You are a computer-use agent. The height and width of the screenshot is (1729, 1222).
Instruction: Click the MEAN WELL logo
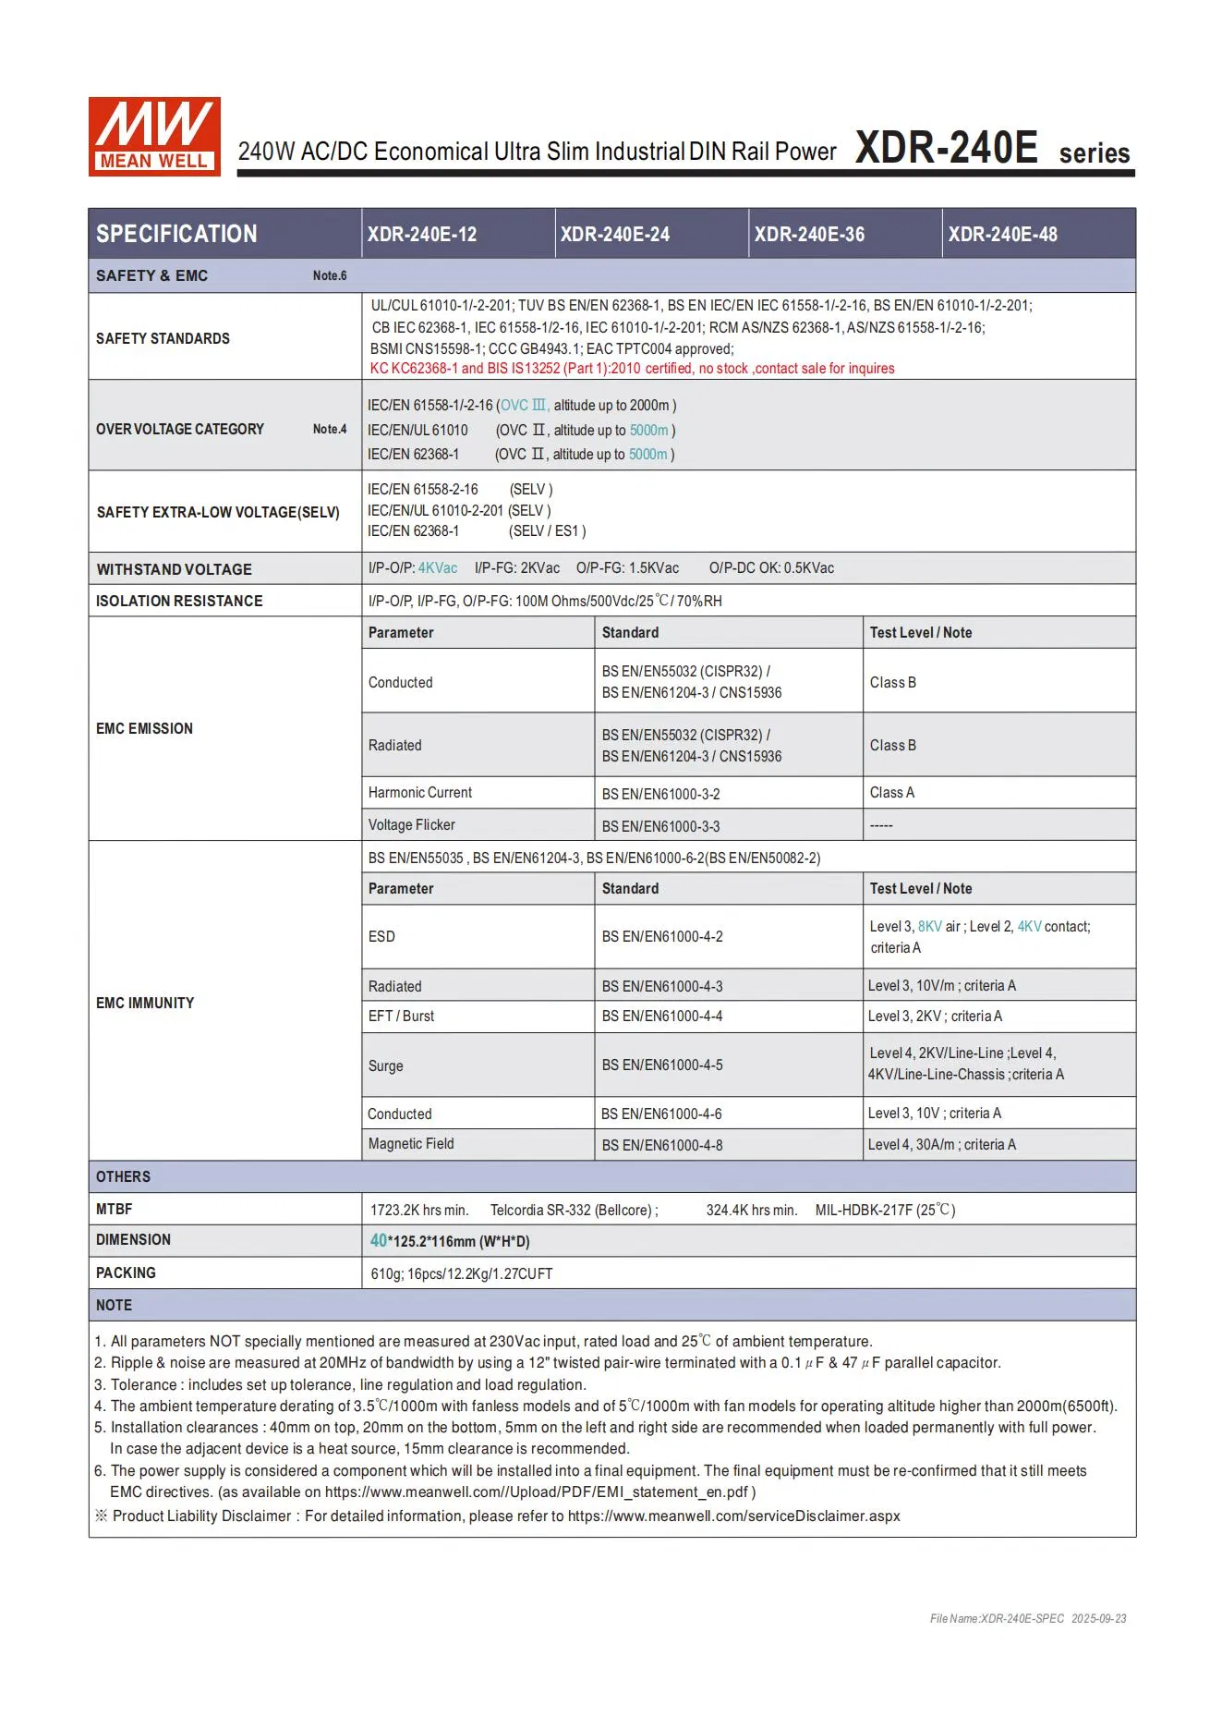click(154, 136)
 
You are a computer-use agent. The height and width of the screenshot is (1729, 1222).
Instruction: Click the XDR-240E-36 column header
click(809, 235)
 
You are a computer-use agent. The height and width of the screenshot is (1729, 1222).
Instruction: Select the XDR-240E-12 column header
click(422, 235)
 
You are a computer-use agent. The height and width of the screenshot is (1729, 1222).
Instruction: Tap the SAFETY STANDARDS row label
click(163, 338)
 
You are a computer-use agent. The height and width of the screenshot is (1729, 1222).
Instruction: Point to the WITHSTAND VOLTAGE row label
click(174, 569)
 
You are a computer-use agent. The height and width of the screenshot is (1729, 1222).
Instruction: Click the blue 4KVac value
click(438, 568)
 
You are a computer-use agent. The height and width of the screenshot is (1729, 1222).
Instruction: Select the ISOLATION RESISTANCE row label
click(179, 601)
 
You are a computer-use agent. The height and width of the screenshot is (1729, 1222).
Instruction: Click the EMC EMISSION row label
click(144, 728)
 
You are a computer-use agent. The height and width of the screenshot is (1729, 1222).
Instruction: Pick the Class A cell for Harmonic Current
click(892, 793)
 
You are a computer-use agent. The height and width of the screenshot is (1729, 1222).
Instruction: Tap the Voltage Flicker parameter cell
click(412, 825)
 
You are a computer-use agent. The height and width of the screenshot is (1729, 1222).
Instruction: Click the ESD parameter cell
click(381, 936)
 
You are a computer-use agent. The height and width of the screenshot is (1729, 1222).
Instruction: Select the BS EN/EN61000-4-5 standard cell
click(662, 1065)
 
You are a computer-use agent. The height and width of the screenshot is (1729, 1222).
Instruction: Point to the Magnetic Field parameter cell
click(411, 1144)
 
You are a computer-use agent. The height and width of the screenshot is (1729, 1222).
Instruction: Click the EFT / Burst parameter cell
click(401, 1016)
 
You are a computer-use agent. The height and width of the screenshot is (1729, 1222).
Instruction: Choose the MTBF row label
click(114, 1209)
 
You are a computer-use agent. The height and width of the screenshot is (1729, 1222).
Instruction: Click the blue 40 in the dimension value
click(379, 1240)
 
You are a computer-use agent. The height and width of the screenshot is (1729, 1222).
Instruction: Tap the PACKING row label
click(126, 1272)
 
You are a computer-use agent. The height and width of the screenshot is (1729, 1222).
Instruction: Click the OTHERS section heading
click(123, 1176)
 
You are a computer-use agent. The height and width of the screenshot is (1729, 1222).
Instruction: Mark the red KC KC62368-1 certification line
click(632, 369)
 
